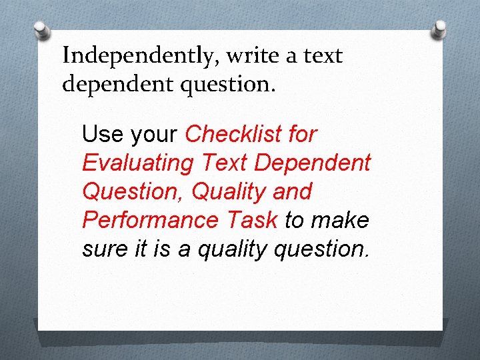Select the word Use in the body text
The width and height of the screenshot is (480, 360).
(x=103, y=135)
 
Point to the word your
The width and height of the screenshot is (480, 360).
(x=154, y=135)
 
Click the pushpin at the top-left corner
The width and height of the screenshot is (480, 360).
(x=42, y=30)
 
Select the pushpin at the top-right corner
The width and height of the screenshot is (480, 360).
(x=440, y=28)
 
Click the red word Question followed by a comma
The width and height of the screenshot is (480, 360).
(x=133, y=192)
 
